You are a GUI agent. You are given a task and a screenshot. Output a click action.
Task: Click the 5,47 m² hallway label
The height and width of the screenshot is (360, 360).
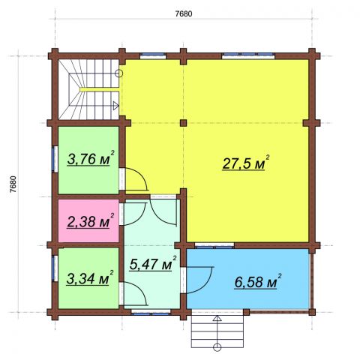153,263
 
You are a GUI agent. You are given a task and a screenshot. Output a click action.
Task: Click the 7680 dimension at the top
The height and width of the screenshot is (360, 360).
184,13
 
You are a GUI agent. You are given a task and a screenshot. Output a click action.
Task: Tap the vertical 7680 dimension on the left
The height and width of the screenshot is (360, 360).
13,184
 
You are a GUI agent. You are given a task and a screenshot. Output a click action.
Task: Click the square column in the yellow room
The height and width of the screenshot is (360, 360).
184,123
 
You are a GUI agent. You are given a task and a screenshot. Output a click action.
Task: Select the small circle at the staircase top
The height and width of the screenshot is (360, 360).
119,73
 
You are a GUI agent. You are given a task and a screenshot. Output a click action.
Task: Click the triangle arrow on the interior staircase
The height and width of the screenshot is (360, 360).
115,106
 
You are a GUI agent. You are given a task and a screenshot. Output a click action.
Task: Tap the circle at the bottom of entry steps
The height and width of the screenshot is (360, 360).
217,347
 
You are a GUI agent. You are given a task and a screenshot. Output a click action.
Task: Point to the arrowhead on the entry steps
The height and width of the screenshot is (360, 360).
217,318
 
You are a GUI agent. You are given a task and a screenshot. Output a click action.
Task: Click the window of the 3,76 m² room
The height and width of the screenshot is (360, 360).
55,159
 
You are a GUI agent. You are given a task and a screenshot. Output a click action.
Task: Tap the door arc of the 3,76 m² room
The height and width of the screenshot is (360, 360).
142,177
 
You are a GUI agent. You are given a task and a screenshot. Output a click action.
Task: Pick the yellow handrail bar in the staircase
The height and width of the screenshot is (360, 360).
100,89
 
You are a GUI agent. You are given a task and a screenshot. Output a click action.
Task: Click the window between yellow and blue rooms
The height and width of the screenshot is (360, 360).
214,245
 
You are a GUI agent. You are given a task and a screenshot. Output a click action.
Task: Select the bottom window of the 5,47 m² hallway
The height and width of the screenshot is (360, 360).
151,312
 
